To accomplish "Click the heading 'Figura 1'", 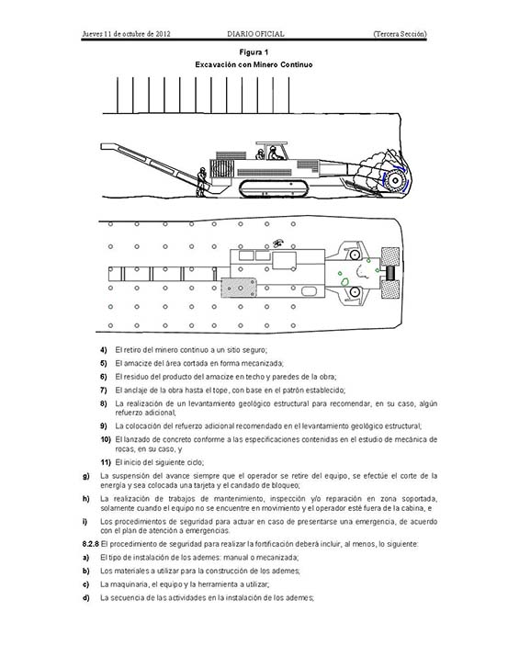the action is coord(254,52).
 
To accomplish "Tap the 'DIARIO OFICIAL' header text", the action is coord(255,34).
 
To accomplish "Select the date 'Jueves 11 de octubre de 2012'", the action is coord(126,34).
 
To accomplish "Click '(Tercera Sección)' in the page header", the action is coord(400,34).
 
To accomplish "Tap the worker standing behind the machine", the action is coord(201,182).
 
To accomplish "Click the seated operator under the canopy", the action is coord(275,153).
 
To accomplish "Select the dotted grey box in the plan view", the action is coord(239,288).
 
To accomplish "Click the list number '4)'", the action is coord(104,350).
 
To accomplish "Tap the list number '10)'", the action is coord(105,439).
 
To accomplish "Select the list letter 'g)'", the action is coord(85,476).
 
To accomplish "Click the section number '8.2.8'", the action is coord(90,544).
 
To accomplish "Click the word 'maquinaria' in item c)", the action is coord(130,584).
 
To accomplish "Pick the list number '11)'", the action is coord(105,462).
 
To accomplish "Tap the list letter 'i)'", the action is coord(85,522).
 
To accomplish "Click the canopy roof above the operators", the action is coord(271,143).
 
